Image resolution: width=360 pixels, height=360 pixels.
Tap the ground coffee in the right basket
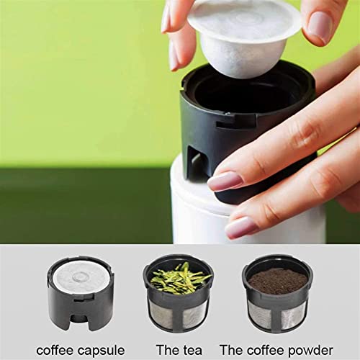[x=276, y=280]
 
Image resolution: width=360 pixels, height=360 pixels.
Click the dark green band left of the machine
[x=79, y=205]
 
